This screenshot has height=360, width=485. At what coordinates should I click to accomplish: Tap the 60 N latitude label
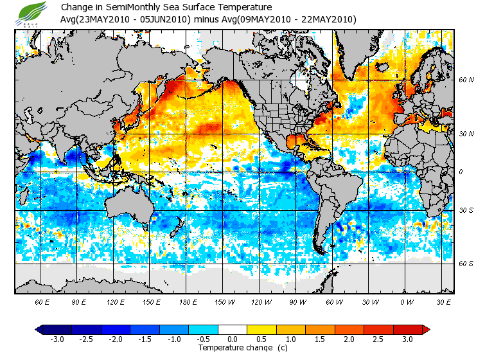tap(466, 80)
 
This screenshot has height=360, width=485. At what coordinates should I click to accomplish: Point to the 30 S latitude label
tap(466, 211)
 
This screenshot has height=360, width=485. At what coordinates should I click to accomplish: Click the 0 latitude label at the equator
tap(461, 172)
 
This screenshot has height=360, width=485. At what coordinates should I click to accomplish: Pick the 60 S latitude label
tap(466, 264)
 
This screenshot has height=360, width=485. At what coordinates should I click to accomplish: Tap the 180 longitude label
tap(188, 301)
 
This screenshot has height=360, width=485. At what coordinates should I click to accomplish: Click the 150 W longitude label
tap(224, 301)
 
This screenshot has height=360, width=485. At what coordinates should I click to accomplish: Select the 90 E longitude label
tap(79, 301)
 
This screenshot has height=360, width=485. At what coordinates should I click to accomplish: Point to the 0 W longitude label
tap(406, 301)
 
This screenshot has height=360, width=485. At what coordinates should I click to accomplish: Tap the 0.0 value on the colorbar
tap(233, 339)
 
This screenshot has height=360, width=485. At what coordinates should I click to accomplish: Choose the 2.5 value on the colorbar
tap(379, 339)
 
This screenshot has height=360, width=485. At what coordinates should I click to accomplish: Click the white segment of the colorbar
tap(233, 330)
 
